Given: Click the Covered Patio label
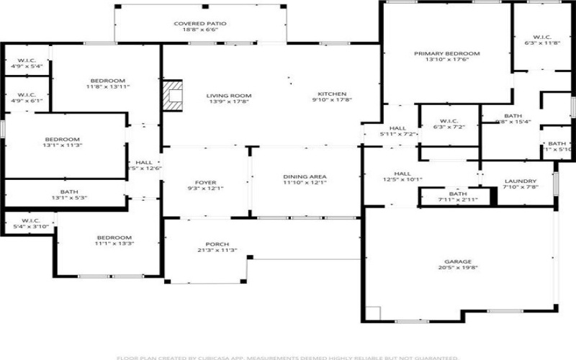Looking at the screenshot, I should pos(200,24).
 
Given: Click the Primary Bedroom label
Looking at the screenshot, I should pos(446,54).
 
